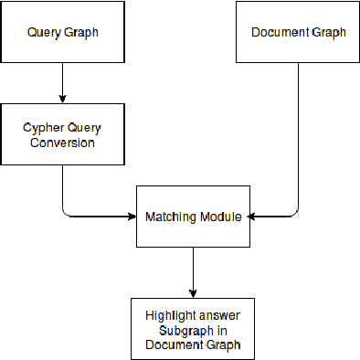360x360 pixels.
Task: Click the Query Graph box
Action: point(61,32)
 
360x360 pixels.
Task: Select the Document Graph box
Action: point(298,32)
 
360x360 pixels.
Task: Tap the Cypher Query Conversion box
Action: point(61,135)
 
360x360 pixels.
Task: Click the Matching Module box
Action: point(193,217)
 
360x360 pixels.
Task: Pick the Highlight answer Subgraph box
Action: point(193,328)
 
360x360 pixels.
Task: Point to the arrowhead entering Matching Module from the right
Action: point(255,217)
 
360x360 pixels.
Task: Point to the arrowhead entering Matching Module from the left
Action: point(131,217)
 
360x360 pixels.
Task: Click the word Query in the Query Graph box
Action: point(44,33)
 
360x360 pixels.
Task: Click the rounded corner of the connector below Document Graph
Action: point(294,212)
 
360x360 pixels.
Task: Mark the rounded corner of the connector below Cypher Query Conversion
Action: point(66,212)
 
